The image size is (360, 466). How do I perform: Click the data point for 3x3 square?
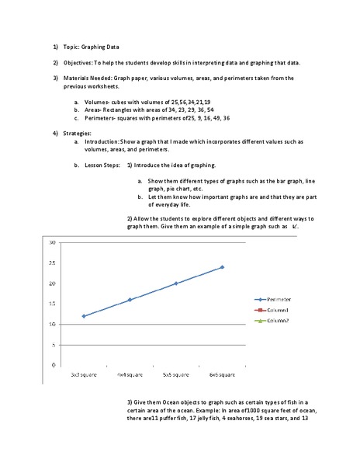point(84,316)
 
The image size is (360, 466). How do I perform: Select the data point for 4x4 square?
point(130,300)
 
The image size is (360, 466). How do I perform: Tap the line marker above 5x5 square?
point(176,283)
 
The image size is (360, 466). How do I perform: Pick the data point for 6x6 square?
point(222,267)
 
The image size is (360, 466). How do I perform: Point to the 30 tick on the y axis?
point(52,242)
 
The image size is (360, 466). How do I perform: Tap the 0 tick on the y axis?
point(54,365)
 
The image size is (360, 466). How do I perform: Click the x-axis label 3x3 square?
point(84,374)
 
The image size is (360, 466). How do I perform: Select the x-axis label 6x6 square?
point(222,374)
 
